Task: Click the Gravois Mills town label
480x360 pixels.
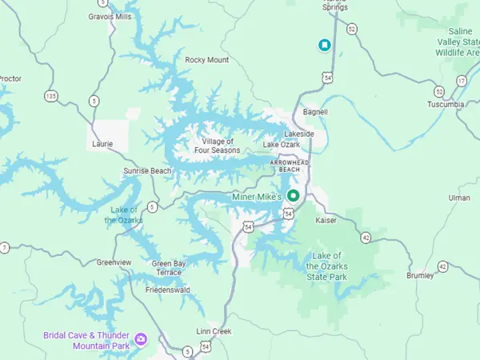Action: pos(110,15)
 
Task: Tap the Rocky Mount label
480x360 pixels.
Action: pos(206,60)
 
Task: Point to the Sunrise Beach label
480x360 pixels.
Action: pos(147,171)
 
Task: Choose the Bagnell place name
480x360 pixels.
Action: pos(315,112)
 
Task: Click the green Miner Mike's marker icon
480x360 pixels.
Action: pos(293,196)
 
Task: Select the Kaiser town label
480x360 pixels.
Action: pos(326,219)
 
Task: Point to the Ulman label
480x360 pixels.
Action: pos(460,197)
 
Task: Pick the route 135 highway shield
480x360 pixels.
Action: pos(51,96)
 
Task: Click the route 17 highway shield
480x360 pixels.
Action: pos(462,81)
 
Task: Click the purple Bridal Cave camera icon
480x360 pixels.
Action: pos(141,339)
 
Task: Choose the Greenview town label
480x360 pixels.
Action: pos(114,262)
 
